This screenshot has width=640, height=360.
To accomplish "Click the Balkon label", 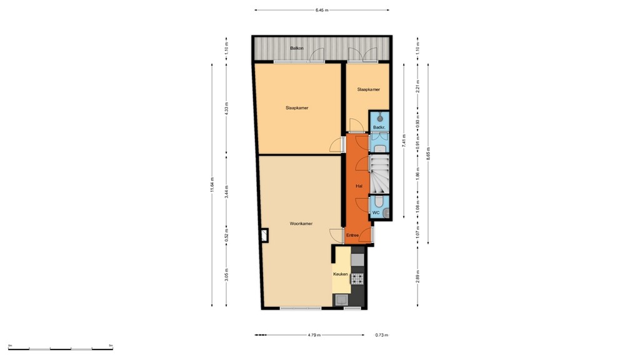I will pyautogui.click(x=297, y=48).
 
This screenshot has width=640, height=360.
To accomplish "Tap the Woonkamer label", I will pyautogui.click(x=301, y=223).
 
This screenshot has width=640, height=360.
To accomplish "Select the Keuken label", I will pyautogui.click(x=340, y=274).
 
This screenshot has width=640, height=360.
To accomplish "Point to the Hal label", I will pyautogui.click(x=359, y=186).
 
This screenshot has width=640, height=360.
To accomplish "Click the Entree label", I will pyautogui.click(x=352, y=235).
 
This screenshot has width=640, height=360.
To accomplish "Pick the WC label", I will pyautogui.click(x=376, y=212).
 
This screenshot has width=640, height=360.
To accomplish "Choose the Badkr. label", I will pyautogui.click(x=379, y=127).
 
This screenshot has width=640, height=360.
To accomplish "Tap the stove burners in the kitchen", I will pyautogui.click(x=357, y=279).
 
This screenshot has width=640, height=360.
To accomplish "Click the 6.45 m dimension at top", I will pyautogui.click(x=322, y=10).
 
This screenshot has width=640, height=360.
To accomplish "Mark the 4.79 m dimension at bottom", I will pyautogui.click(x=314, y=335).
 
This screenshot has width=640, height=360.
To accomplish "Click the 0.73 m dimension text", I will pyautogui.click(x=381, y=335).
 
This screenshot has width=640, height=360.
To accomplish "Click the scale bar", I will pyautogui.click(x=60, y=348).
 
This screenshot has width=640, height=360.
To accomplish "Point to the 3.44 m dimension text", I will pyautogui.click(x=227, y=192).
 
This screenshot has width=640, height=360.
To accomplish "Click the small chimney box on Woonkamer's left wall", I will pyautogui.click(x=265, y=235).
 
